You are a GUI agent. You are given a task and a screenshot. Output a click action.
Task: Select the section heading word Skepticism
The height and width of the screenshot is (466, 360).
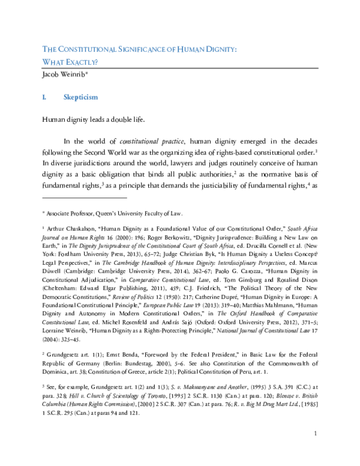(80, 97)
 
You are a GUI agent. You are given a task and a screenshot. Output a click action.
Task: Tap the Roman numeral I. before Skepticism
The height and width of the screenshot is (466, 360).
(44, 97)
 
